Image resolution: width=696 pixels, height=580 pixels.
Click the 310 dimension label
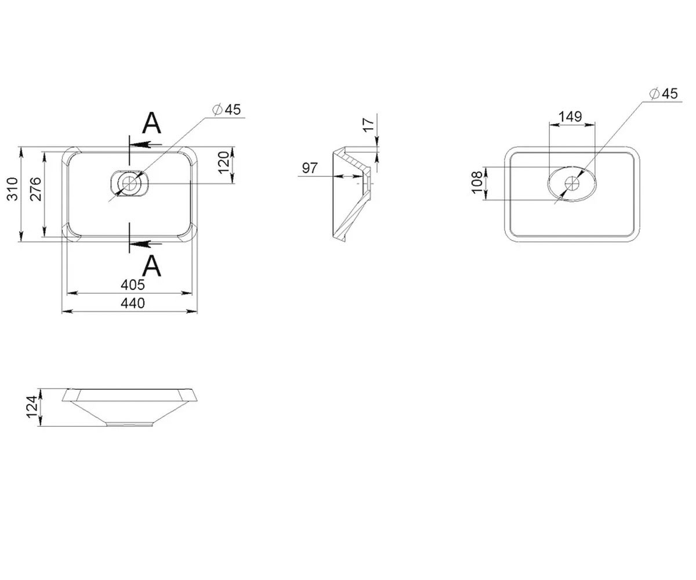tap(12, 188)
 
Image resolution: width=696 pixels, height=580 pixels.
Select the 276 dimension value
tap(36, 189)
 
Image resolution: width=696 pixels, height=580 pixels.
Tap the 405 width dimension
tap(133, 285)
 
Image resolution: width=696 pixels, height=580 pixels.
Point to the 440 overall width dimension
tap(133, 303)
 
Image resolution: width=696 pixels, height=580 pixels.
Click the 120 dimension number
tap(224, 162)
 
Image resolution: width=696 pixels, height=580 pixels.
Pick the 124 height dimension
tap(32, 407)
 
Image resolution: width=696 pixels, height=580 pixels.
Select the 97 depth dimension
tap(310, 168)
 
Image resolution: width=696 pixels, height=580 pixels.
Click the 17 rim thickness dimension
tap(369, 125)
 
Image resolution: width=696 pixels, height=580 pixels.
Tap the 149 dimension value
tap(570, 117)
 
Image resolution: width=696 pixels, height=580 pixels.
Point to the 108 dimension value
tap(477, 182)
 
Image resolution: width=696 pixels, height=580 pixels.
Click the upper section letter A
tap(151, 122)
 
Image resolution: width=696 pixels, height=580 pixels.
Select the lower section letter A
tap(151, 265)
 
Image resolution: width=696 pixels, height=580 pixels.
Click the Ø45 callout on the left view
tap(227, 110)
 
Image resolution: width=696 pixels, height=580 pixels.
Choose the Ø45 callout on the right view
tap(664, 93)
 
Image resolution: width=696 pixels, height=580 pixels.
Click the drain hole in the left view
tap(130, 183)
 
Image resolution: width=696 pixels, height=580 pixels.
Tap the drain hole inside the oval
tap(572, 184)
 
